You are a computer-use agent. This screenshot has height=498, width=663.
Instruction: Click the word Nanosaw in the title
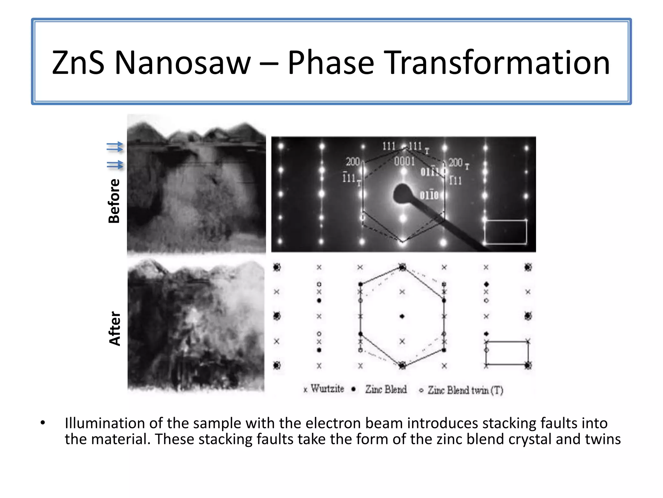pyautogui.click(x=183, y=63)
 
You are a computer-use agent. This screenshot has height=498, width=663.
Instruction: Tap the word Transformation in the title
pyautogui.click(x=497, y=63)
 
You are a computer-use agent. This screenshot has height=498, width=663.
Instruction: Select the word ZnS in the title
pyautogui.click(x=78, y=63)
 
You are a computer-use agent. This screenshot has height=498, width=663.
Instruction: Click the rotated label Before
pyautogui.click(x=114, y=201)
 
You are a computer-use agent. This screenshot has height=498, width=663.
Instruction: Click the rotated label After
pyautogui.click(x=115, y=328)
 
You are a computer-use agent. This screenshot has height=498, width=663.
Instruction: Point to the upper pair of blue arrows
pyautogui.click(x=115, y=147)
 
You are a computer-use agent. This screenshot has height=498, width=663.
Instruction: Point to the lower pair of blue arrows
pyautogui.click(x=115, y=165)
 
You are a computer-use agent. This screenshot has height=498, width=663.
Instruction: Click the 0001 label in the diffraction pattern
pyautogui.click(x=404, y=161)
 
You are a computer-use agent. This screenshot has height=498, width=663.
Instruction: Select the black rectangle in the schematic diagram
pyautogui.click(x=507, y=353)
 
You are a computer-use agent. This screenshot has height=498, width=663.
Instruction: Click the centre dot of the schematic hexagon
pyautogui.click(x=402, y=316)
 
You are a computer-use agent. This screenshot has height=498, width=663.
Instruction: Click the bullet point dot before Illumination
pyautogui.click(x=43, y=423)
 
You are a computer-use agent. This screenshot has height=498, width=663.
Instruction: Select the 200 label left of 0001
pyautogui.click(x=353, y=161)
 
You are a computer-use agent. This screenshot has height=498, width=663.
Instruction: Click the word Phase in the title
pyautogui.click(x=331, y=63)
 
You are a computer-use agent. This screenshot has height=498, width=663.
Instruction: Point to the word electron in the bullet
pyautogui.click(x=332, y=423)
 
